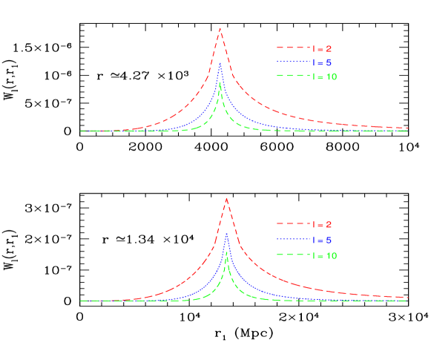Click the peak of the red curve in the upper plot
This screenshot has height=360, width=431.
tap(220, 28)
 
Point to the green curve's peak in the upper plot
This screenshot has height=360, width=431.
tap(220, 83)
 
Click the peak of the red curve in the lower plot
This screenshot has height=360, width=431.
tap(226, 198)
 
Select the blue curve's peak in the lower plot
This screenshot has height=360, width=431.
tap(226, 233)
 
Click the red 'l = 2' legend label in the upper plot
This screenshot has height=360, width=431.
tap(323, 49)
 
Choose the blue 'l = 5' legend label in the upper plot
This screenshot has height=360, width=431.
tap(323, 63)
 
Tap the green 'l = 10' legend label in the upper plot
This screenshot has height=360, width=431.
tap(325, 77)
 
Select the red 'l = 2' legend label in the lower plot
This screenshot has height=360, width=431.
tap(323, 224)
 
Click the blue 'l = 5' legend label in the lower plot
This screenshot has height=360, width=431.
tap(323, 240)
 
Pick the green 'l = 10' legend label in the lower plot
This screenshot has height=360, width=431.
tap(325, 255)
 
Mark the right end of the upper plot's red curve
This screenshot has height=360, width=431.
tap(407, 128)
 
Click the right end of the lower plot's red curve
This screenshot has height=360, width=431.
tap(407, 297)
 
